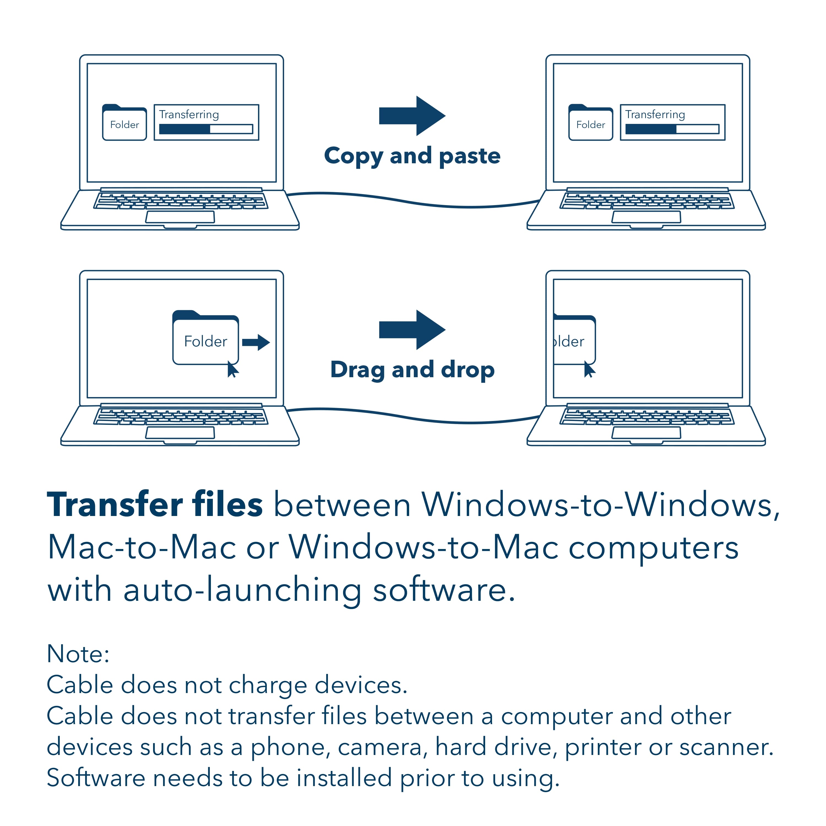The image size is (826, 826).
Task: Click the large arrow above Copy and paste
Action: (x=412, y=116)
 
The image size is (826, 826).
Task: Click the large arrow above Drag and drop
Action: (x=412, y=330)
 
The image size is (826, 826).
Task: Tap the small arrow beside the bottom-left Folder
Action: (x=256, y=342)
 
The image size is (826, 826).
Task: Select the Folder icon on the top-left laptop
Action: (x=124, y=123)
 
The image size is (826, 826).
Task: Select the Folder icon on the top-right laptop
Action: (x=590, y=123)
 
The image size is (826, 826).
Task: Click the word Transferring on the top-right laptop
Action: (x=655, y=115)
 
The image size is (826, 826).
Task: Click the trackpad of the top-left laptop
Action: (x=180, y=217)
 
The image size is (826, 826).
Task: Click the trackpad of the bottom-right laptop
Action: (x=646, y=433)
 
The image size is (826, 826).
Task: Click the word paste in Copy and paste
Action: (x=469, y=156)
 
